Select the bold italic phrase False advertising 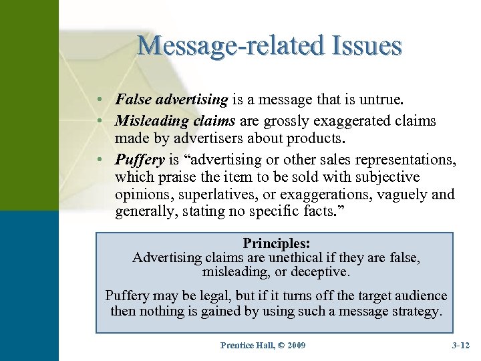172,100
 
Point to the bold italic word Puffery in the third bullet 139,160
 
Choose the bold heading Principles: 276,243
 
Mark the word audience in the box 420,295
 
